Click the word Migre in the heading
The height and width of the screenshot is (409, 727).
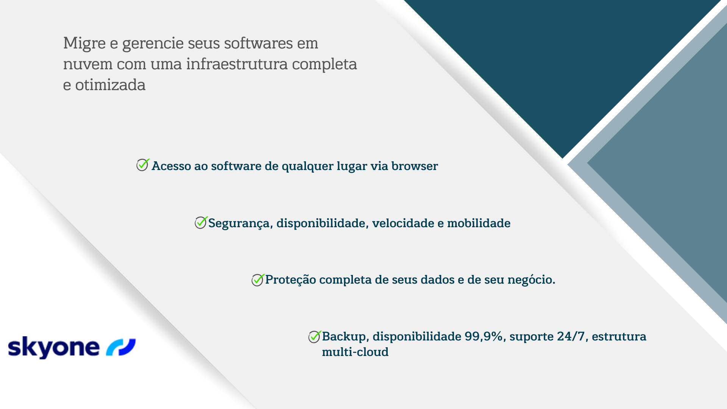tap(84, 44)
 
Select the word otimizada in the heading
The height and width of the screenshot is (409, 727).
tap(110, 85)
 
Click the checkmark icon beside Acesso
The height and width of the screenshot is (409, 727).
tap(143, 165)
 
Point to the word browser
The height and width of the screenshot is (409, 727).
tap(415, 166)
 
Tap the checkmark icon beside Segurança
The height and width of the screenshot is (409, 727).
tap(201, 222)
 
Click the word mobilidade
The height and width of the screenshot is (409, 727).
tap(479, 223)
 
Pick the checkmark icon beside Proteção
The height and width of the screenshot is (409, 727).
tap(258, 280)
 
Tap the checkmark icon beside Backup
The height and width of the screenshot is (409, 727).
tap(315, 336)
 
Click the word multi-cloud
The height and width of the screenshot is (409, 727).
tap(355, 352)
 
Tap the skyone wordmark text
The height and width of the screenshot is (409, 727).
tap(53, 348)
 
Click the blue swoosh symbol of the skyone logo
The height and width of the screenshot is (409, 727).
tap(121, 348)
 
